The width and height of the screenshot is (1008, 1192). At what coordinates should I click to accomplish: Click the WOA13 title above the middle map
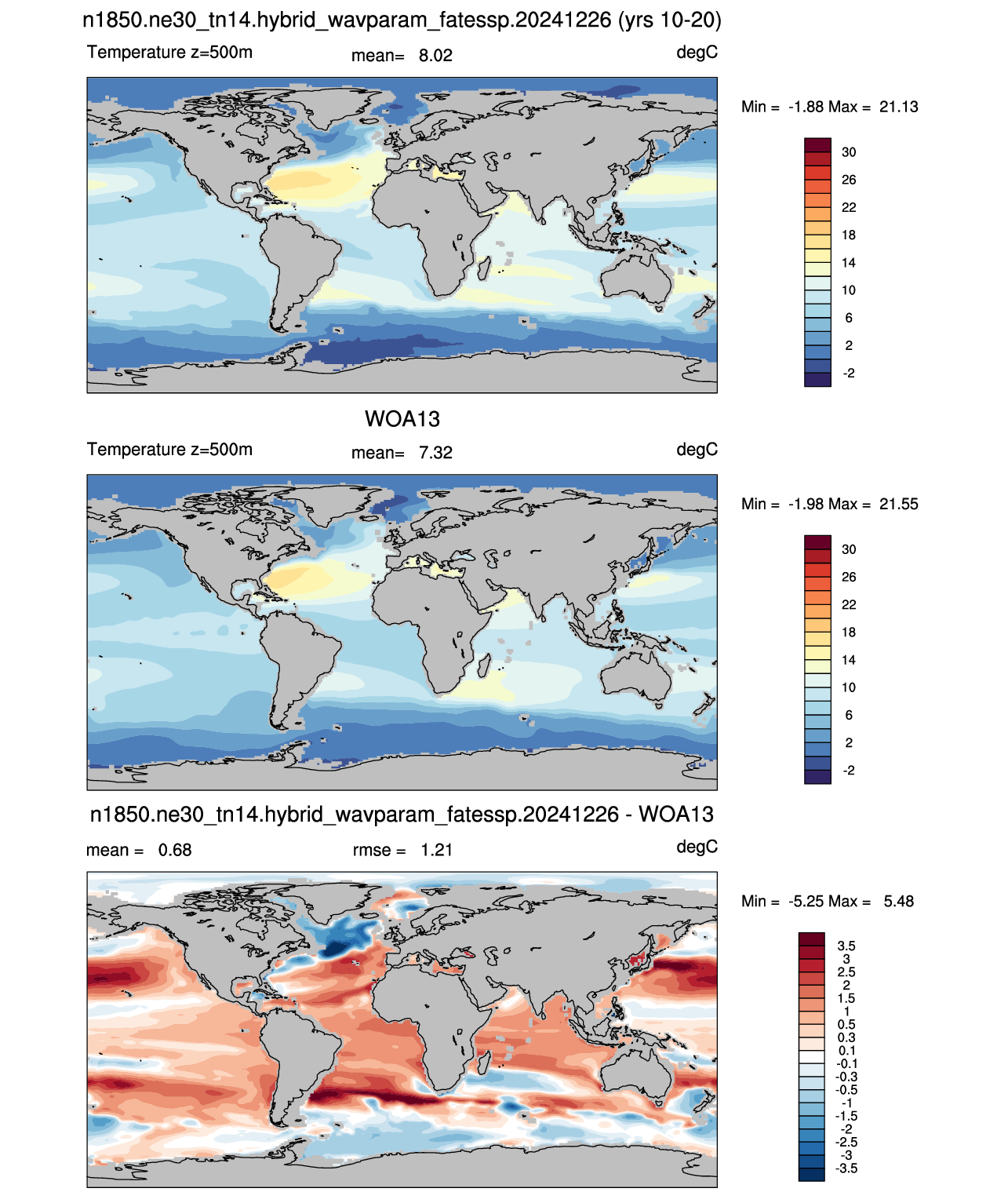[402, 419]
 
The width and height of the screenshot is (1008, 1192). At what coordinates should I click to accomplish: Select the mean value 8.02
[435, 56]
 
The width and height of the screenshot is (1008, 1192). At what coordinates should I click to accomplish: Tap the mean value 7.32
[435, 453]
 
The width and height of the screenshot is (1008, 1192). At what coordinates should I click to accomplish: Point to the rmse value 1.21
[436, 850]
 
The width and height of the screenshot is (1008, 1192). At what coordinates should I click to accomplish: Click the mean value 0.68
[175, 850]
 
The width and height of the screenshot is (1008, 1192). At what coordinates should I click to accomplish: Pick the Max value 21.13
[898, 107]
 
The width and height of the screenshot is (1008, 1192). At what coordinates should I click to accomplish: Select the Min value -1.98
[807, 504]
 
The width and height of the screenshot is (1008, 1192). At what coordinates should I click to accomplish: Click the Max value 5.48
[898, 902]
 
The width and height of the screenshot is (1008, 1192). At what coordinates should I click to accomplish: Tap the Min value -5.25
[807, 902]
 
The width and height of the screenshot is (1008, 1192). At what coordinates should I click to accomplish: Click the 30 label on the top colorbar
[848, 152]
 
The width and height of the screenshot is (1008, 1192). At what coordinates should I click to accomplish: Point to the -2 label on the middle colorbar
[848, 771]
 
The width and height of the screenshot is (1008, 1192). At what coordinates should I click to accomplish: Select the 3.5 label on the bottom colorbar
[846, 946]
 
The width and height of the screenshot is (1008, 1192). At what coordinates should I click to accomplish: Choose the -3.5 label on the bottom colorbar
[846, 1169]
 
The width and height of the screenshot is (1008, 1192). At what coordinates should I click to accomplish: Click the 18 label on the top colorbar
[848, 235]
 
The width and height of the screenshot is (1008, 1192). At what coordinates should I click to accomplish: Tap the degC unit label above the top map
[697, 53]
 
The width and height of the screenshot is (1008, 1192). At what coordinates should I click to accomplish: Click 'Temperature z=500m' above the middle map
[169, 449]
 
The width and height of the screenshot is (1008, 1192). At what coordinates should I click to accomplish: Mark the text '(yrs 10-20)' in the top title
[670, 20]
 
